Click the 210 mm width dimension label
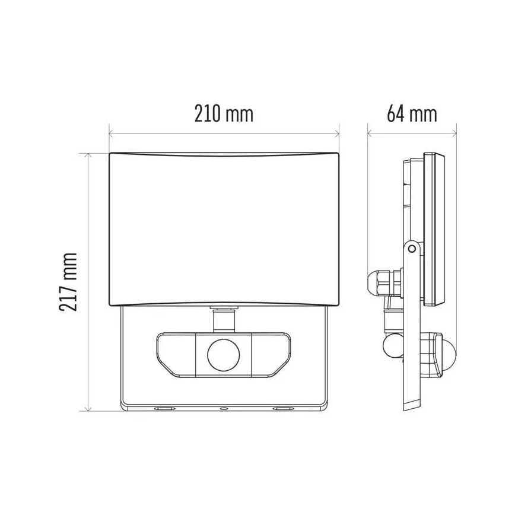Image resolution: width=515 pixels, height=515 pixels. coord(224,113)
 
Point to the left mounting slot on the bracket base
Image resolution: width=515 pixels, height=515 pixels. coord(162,409)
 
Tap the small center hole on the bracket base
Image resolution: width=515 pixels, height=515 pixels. coord(223,409)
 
